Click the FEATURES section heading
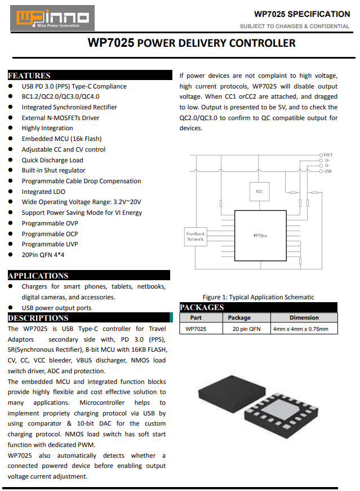point(29,76)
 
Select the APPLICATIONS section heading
point(38,276)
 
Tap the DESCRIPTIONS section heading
point(38,318)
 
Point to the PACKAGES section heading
point(202,307)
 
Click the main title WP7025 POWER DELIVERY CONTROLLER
point(192,43)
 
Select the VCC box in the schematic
point(259,192)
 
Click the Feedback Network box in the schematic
point(195,236)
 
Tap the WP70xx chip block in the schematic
point(260,235)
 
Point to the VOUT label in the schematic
point(327,154)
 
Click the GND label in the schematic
point(327,171)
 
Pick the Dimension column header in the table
point(304,317)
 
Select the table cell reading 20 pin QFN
point(246,329)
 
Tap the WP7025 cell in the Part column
point(195,329)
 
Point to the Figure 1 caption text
point(258,297)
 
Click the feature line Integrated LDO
point(43,192)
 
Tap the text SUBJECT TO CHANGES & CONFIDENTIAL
point(294,26)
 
